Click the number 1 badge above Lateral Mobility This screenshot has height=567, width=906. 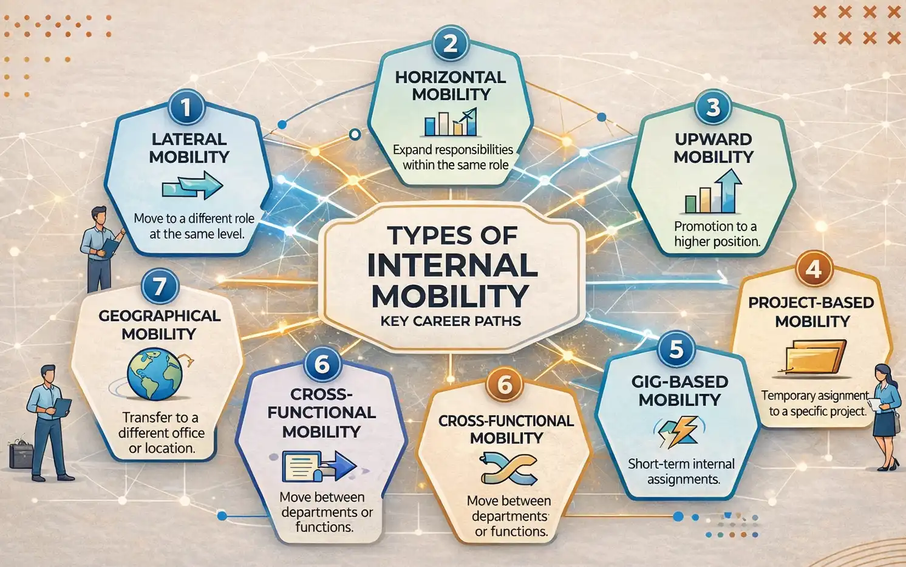(186, 107)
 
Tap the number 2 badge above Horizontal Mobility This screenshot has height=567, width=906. (450, 44)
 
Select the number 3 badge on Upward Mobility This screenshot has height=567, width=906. (713, 107)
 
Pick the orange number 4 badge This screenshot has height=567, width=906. (813, 268)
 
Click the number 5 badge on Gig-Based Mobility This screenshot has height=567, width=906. (676, 349)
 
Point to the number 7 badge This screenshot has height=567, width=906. (159, 286)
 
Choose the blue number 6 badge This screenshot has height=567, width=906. (322, 364)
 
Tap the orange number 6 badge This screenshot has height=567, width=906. (505, 384)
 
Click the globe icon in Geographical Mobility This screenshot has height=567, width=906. (155, 374)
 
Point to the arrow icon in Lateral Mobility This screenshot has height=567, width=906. (192, 186)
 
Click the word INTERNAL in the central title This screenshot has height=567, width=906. (452, 265)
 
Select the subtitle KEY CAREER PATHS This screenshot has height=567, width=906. (451, 322)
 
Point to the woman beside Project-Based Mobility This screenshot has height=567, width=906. (886, 416)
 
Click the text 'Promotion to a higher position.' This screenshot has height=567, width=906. (717, 234)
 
